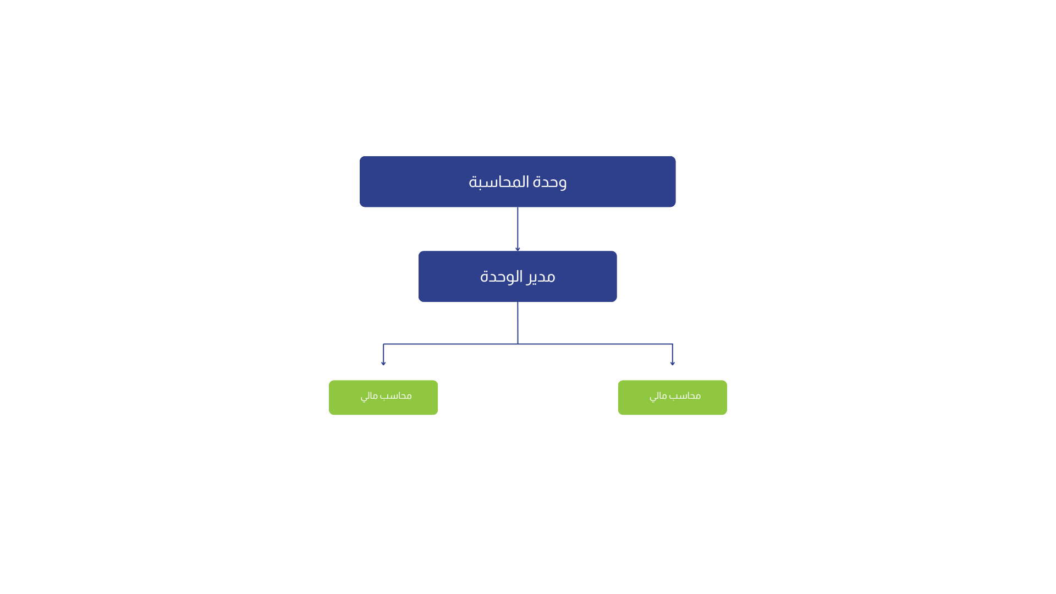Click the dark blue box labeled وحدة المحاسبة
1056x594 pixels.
tap(518, 182)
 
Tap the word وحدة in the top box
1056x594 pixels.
tap(550, 182)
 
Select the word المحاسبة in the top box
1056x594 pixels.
tap(498, 182)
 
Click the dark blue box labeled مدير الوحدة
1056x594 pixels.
tap(518, 276)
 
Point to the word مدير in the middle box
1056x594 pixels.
tap(541, 277)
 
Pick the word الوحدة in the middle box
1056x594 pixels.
tap(501, 276)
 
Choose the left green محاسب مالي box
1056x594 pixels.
tap(383, 397)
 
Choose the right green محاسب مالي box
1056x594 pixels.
tap(672, 397)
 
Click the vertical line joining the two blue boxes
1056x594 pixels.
tap(518, 228)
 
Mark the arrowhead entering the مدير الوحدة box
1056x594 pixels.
tap(518, 249)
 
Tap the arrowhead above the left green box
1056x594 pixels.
tap(383, 363)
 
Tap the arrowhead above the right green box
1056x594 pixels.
tap(673, 363)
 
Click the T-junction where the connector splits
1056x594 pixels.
tap(518, 344)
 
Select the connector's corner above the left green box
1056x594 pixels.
tap(383, 344)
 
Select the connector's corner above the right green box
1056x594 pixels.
tap(673, 344)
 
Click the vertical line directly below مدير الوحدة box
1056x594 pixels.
tap(518, 323)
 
